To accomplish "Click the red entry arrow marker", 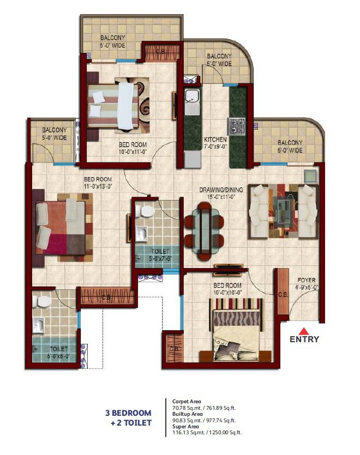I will tap(304, 330).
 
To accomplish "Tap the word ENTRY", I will tap(304, 339).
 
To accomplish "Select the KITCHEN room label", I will tap(215, 139).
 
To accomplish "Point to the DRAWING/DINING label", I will tap(221, 190).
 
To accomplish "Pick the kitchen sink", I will tap(191, 98).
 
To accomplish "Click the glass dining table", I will tap(204, 225).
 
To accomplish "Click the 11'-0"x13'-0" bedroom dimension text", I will tap(98, 186).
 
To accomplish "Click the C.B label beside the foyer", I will tap(283, 295).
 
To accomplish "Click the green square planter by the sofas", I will tap(310, 175).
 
